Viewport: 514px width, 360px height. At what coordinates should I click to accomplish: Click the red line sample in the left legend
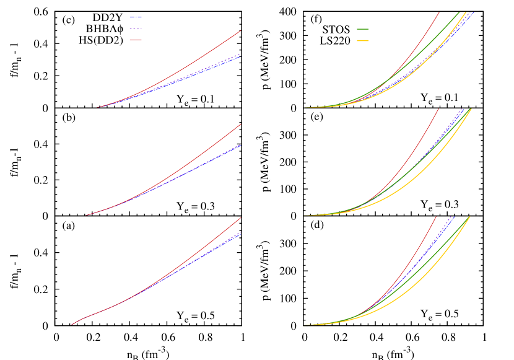136,40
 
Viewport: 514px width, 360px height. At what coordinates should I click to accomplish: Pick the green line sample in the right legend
363,29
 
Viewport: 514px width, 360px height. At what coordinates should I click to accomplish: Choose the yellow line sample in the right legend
363,40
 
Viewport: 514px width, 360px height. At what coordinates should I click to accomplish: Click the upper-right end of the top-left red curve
240,31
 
